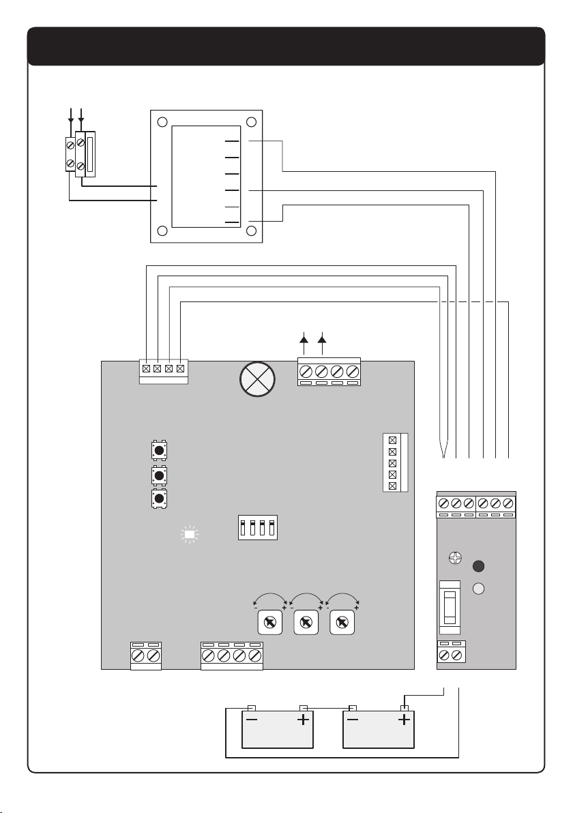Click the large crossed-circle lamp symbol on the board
[x=257, y=379]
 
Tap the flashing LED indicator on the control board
[x=190, y=535]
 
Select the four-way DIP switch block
[x=258, y=527]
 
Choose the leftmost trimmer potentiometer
[x=269, y=622]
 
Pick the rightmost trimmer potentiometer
[x=342, y=622]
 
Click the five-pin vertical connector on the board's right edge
[x=396, y=462]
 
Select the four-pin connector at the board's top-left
[x=163, y=372]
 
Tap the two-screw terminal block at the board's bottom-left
[x=146, y=656]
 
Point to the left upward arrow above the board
[x=304, y=345]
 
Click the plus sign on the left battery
[x=303, y=720]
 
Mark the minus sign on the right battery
[x=353, y=720]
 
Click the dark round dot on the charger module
[x=479, y=565]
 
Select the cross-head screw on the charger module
[x=455, y=559]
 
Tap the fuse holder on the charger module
[x=450, y=607]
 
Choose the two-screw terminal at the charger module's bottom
[x=451, y=652]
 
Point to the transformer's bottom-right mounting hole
[x=252, y=231]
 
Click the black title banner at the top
[x=286, y=46]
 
